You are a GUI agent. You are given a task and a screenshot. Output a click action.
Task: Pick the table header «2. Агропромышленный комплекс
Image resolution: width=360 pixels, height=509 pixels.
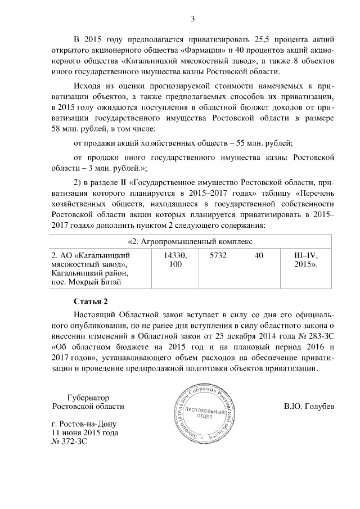coord(191,242)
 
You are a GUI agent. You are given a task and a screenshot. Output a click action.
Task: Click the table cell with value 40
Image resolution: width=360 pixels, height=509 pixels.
coord(259,256)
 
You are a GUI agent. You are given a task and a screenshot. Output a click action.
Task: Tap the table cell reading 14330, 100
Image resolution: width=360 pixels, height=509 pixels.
coord(175,260)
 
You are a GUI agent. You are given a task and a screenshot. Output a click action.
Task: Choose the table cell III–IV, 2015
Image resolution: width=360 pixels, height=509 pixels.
coord(306,260)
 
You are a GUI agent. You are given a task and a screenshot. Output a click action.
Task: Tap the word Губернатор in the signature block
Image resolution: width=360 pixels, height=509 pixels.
coord(87,396)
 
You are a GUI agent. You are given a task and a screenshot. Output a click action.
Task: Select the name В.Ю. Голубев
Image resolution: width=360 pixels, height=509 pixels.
coord(309,406)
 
